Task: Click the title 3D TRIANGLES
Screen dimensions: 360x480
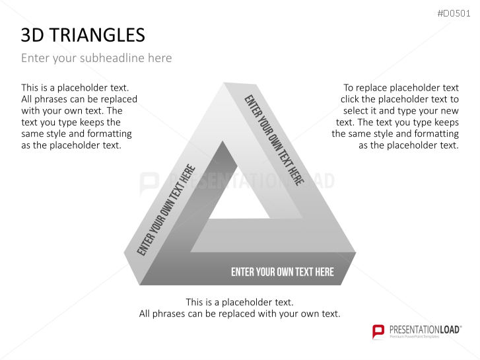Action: tap(83, 35)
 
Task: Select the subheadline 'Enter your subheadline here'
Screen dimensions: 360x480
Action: tap(96, 58)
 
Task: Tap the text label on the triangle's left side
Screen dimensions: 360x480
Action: tap(166, 210)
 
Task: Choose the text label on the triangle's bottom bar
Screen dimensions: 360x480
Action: tap(282, 272)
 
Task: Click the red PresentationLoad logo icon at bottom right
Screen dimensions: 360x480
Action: tap(378, 331)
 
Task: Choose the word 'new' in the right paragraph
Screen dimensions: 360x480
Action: tap(447, 111)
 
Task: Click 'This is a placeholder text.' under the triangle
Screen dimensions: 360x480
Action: tap(240, 302)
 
